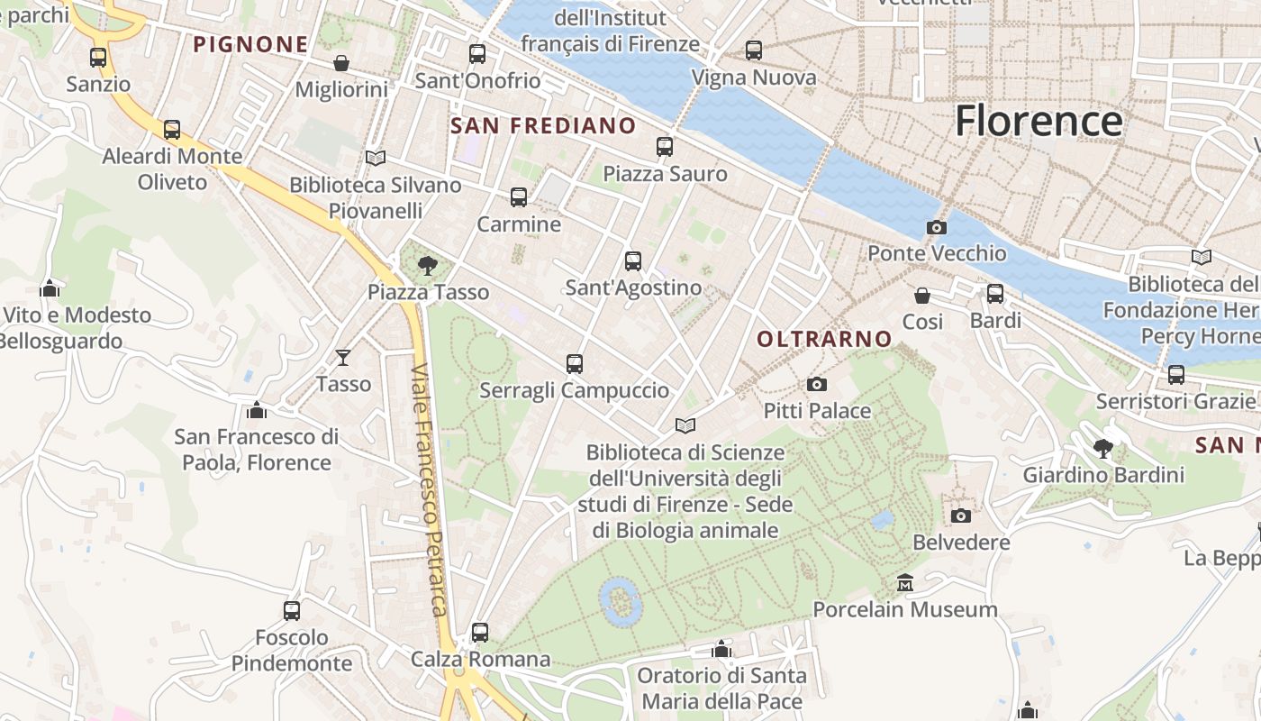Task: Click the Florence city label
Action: (x=1039, y=121)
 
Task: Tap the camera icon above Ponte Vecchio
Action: (x=937, y=228)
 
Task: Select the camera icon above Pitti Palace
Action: (x=817, y=385)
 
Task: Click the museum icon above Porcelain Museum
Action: (x=905, y=583)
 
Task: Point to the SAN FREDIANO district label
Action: (x=543, y=126)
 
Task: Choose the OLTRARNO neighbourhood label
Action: (x=824, y=340)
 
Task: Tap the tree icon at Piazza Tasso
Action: (x=428, y=265)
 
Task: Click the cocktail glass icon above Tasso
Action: (x=343, y=358)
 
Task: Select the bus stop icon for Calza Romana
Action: (x=480, y=633)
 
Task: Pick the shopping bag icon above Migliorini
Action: (x=341, y=63)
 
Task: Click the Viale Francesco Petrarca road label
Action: (x=430, y=491)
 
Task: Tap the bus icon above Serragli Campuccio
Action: (x=575, y=364)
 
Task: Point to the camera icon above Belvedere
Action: (x=961, y=516)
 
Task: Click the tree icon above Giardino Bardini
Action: (x=1103, y=448)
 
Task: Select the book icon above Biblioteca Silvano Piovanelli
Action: (x=376, y=159)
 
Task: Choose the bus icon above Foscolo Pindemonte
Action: (x=292, y=611)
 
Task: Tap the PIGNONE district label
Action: (x=250, y=44)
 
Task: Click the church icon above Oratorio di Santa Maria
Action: (x=721, y=649)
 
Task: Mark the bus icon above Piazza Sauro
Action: (x=665, y=146)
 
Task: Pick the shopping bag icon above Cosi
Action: (x=922, y=296)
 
